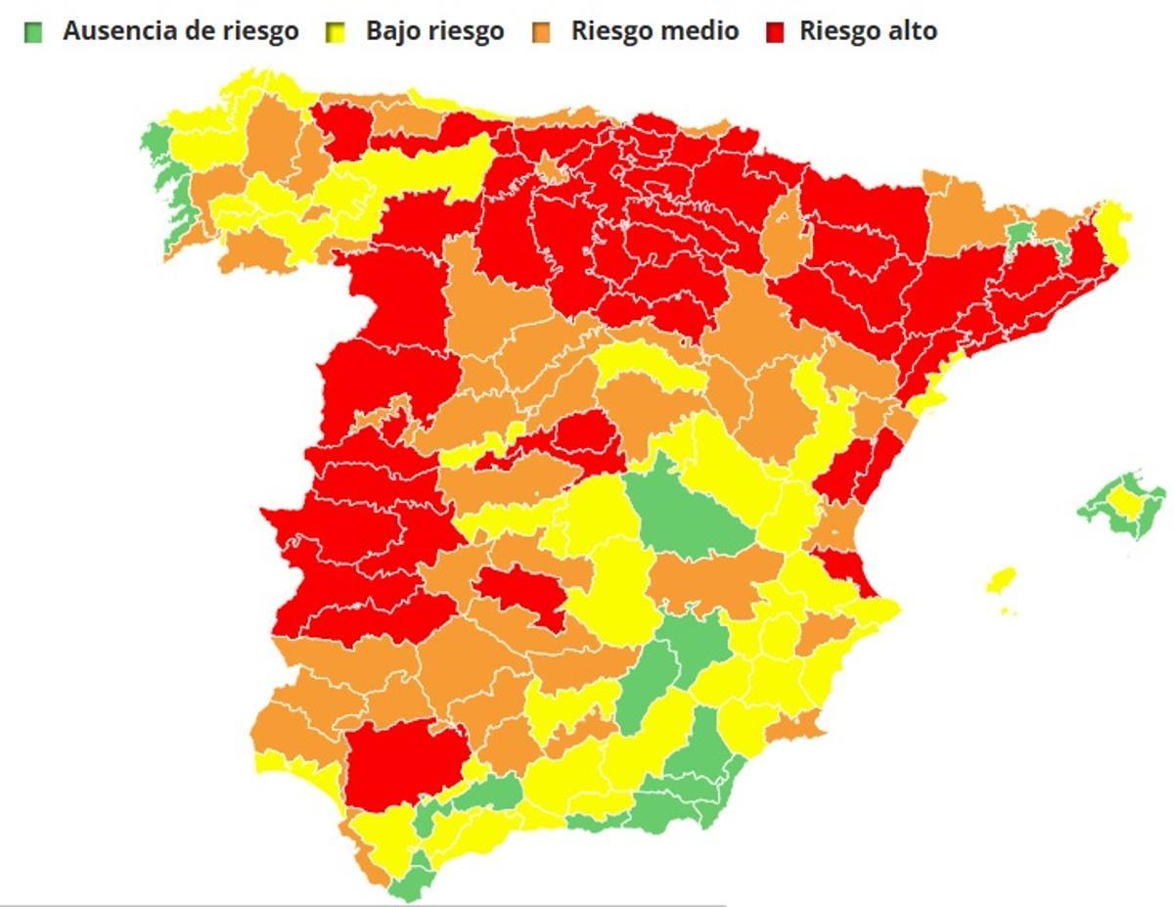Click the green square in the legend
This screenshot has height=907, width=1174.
click(x=33, y=32)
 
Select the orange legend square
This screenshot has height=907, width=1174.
click(x=542, y=32)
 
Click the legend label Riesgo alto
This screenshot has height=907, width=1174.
click(x=868, y=31)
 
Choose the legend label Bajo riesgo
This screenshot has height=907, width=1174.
click(x=434, y=31)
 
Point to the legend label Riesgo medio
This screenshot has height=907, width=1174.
click(x=655, y=31)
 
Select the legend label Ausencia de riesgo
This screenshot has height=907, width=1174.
click(x=180, y=31)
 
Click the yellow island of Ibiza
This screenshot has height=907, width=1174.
click(x=1001, y=581)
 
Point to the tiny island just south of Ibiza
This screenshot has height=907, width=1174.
click(x=1008, y=612)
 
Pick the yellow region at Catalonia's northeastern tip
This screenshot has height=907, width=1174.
click(x=1115, y=233)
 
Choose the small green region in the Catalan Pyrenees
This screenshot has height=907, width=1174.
click(x=1020, y=233)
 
